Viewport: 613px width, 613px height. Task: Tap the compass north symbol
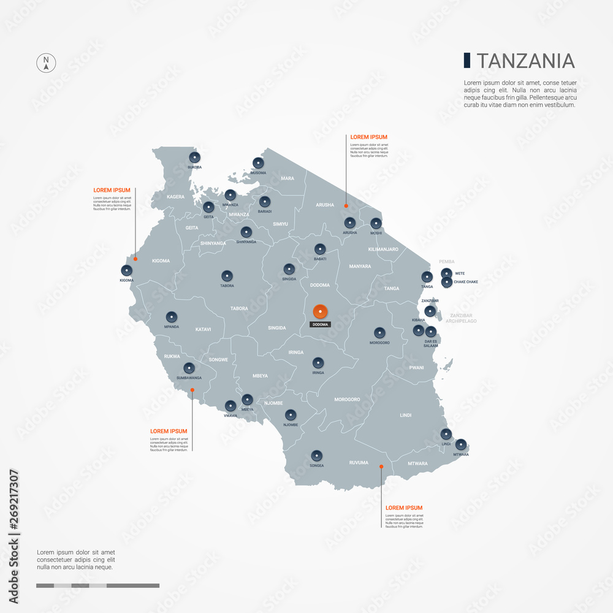coord(46,63)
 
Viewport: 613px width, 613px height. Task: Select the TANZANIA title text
coord(525,61)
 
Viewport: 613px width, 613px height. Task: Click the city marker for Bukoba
coord(195,158)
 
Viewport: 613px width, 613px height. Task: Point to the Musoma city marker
coord(258,163)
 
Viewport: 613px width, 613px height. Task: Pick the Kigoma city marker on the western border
coord(127,270)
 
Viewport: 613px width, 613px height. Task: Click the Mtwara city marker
coord(461,444)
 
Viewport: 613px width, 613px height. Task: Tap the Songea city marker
coord(317,455)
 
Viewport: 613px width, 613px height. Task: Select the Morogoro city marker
coord(380,333)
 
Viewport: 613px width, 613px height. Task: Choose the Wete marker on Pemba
coord(447,273)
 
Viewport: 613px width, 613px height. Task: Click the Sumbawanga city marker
coord(189,368)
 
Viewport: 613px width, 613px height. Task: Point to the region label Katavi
coord(203,330)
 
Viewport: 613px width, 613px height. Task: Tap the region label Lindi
coord(405,415)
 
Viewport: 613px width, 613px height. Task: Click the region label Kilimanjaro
coord(383,249)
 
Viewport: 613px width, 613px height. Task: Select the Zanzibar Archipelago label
coord(461,318)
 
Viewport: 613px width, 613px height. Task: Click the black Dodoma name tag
coord(320,324)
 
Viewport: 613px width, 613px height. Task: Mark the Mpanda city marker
coord(172,317)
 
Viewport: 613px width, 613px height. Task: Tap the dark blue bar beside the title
coord(467,60)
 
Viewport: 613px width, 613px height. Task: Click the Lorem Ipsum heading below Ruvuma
coord(403,508)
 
